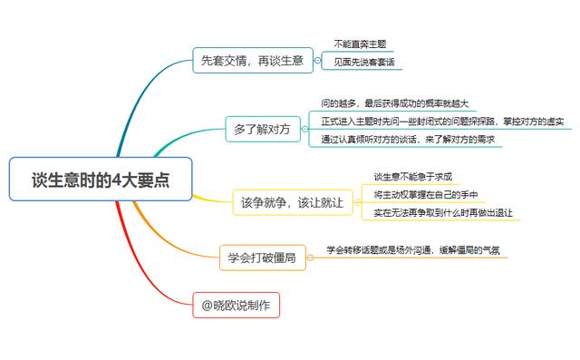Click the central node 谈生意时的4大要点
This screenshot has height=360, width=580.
(101, 179)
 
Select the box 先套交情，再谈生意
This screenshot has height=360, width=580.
(253, 61)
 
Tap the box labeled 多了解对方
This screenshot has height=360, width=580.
(263, 129)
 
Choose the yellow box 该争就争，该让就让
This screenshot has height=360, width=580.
(293, 202)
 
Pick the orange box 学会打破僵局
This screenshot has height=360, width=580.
(263, 258)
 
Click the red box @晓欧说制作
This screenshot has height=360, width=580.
(236, 306)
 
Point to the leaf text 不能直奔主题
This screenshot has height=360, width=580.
(360, 44)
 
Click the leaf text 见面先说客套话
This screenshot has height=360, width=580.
(364, 62)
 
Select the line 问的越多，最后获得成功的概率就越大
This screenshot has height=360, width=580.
(395, 103)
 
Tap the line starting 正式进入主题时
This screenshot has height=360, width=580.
(442, 122)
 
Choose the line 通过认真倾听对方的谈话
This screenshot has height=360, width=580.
(408, 140)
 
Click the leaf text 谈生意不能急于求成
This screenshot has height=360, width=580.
(413, 177)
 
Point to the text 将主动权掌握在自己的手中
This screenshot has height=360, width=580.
(426, 195)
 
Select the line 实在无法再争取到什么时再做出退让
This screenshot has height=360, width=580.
(443, 213)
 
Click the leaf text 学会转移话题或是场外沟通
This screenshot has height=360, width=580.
(413, 250)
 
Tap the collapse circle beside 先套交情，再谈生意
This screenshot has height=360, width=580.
(317, 61)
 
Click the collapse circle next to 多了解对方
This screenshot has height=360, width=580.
(304, 129)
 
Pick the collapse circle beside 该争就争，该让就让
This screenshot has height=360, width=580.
(357, 202)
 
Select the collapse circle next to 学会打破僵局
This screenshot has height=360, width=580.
(310, 258)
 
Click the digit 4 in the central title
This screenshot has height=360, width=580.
(117, 180)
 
